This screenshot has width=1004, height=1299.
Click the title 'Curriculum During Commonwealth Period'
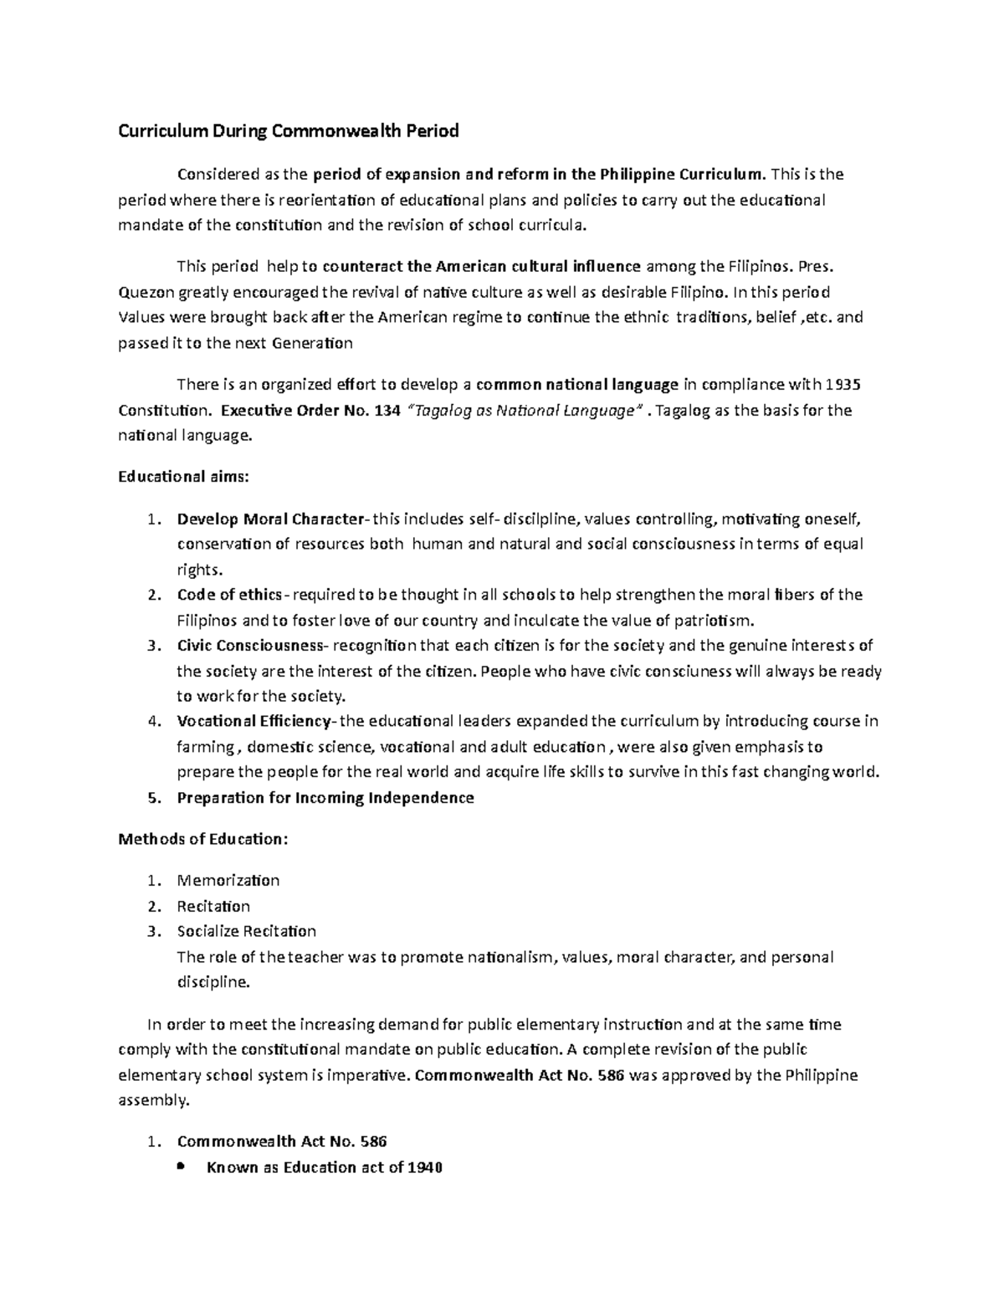[288, 130]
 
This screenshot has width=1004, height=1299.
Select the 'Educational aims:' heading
[183, 477]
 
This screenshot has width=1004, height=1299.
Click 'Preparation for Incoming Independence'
[325, 797]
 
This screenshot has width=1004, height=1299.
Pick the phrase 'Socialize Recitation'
[247, 931]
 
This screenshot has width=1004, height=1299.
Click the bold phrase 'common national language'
[577, 385]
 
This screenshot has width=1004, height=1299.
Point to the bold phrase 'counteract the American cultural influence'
[481, 267]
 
